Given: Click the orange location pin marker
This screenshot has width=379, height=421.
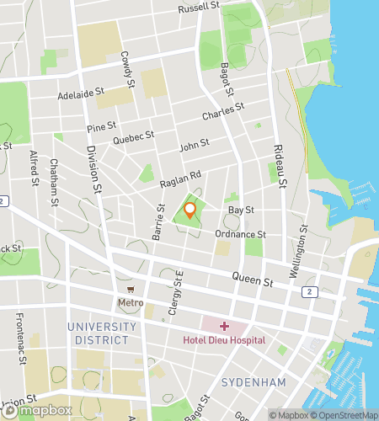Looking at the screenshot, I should click(190, 210).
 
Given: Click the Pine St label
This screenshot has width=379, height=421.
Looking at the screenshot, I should click(100, 126).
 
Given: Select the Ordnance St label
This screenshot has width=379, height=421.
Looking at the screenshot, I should click(240, 234).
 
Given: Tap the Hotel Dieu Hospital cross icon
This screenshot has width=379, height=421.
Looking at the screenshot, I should click(224, 326).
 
